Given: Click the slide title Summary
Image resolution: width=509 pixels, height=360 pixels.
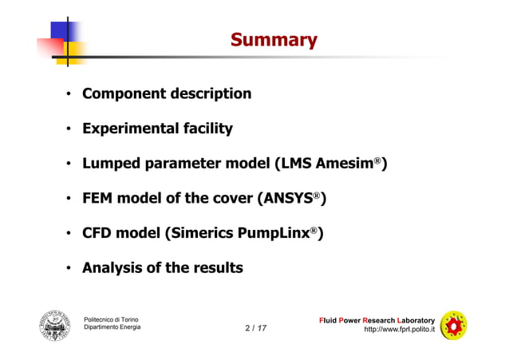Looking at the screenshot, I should pyautogui.click(x=273, y=40).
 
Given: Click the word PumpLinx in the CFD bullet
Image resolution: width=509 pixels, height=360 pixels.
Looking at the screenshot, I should pyautogui.click(x=283, y=233).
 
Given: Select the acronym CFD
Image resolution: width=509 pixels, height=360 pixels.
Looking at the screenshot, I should pyautogui.click(x=101, y=233).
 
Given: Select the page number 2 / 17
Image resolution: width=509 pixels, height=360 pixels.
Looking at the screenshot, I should pyautogui.click(x=256, y=328).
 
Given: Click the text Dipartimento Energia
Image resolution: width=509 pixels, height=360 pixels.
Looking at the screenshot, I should pyautogui.click(x=112, y=329).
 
